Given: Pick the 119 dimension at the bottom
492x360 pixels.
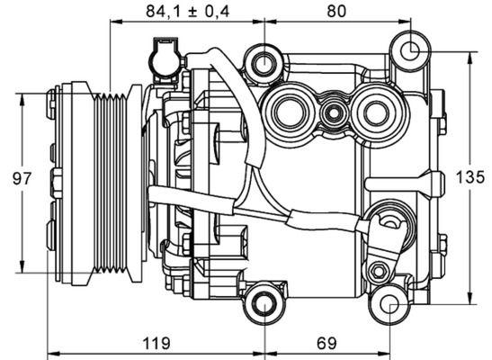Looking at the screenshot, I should click(158, 343).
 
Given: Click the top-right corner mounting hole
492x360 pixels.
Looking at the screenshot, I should click(410, 49).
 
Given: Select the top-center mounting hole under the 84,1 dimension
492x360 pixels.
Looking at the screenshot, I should click(264, 63).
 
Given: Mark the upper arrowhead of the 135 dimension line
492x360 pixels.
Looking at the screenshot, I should click(470, 56).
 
